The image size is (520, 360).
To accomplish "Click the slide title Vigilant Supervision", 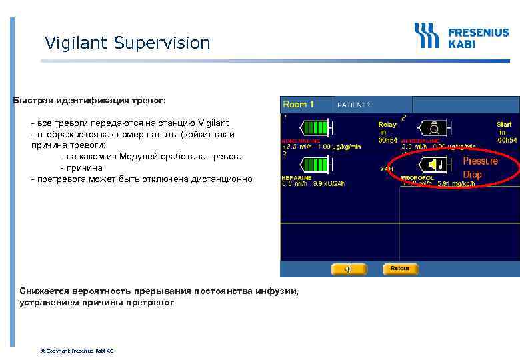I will click(127, 43).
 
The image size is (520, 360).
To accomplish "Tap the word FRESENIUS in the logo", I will click(478, 31).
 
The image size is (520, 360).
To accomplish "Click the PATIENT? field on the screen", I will click(353, 105).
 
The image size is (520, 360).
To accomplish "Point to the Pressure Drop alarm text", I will click(481, 167).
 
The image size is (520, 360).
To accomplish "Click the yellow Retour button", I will click(400, 269).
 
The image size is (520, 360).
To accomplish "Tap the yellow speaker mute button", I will click(349, 269).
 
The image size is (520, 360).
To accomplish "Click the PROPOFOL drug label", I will click(417, 179).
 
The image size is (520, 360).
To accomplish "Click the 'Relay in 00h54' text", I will click(387, 132).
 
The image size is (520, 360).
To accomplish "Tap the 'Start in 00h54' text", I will click(505, 132).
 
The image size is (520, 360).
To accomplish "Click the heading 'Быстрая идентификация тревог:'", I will click(89, 101).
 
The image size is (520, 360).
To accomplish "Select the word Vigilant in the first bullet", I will click(213, 123).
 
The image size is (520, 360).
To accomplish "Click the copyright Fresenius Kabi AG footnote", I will click(77, 351).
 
